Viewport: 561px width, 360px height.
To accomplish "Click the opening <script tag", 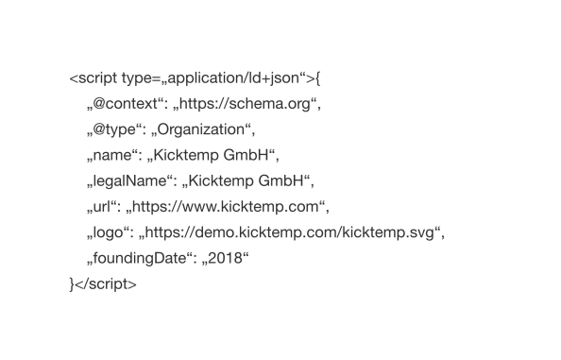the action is click(x=93, y=77).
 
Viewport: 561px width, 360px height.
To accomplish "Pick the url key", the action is click(x=102, y=205).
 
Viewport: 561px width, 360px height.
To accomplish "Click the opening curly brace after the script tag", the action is click(x=320, y=77).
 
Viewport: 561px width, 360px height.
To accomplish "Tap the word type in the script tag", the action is click(x=136, y=77).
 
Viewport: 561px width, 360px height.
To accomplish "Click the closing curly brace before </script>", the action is click(x=72, y=283).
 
